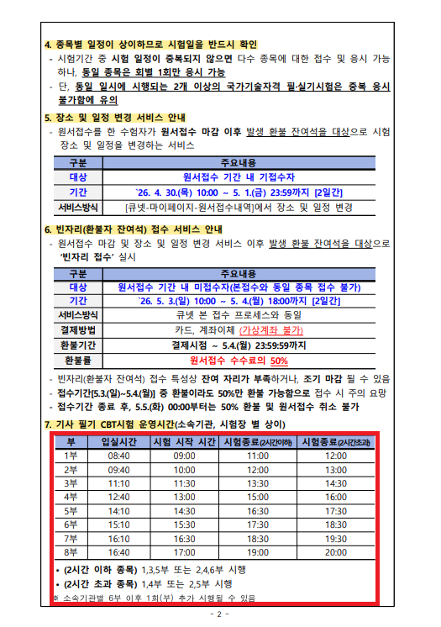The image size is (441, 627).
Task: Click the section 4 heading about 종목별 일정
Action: point(150,44)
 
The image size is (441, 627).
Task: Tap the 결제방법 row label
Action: point(78,329)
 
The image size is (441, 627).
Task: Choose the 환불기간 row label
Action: point(78,345)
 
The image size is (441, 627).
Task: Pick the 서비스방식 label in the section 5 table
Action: point(78,207)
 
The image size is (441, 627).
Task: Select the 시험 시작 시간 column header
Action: point(185,441)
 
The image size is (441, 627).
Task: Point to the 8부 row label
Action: point(71,551)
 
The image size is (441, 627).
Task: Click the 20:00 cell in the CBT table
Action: point(336,551)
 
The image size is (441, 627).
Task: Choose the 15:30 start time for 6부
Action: point(185,524)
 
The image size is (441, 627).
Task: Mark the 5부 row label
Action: point(71,510)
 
